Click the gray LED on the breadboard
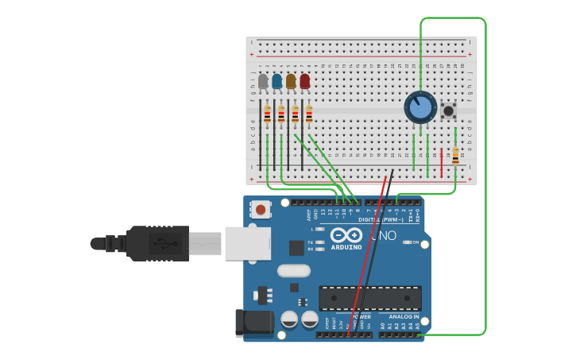(x=263, y=81)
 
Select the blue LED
(x=276, y=81)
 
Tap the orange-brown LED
(x=291, y=81)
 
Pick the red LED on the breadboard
(x=304, y=81)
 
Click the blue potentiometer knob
(x=420, y=107)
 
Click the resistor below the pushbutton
(x=455, y=156)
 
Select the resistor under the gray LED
(x=268, y=115)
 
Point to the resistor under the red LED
(x=309, y=115)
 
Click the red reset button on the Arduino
(x=259, y=211)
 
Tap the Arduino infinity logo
(x=346, y=236)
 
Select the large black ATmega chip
(x=370, y=298)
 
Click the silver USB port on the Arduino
(x=248, y=242)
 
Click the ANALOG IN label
(x=404, y=316)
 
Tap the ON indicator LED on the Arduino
(x=406, y=242)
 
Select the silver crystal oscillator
(x=293, y=271)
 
